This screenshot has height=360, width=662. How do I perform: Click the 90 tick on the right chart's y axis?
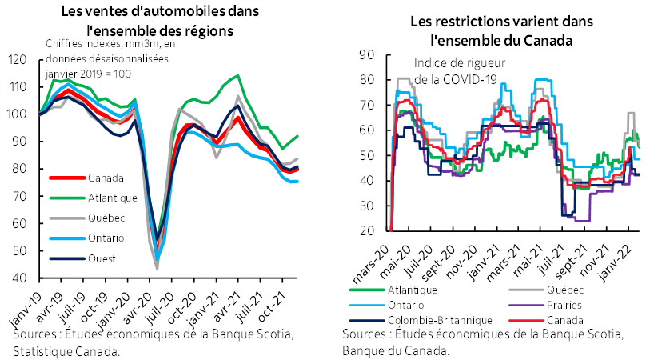pos(368,54)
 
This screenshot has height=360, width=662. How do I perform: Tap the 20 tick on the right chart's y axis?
pos(368,231)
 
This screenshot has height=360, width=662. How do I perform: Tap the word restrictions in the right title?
pos(463,22)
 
